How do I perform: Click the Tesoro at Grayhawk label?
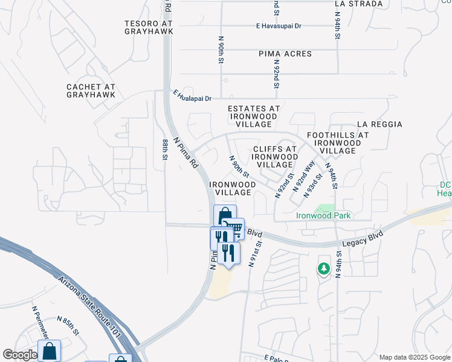coord(149,28)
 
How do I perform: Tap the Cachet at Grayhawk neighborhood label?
coord(91,91)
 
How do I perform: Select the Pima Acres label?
coord(285,54)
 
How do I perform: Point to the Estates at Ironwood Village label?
coord(253,116)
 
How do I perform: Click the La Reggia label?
coord(379,124)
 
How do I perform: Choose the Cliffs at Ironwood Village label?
coord(275,156)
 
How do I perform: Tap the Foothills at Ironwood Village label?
coord(338,143)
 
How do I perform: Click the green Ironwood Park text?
coord(323,215)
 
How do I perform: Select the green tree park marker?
coord(324,268)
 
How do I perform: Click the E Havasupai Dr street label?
coord(279,27)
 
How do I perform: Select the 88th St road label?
coord(165,148)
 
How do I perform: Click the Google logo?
coord(21,355)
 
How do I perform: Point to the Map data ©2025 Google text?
coord(414,357)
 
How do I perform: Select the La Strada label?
coord(359,4)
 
